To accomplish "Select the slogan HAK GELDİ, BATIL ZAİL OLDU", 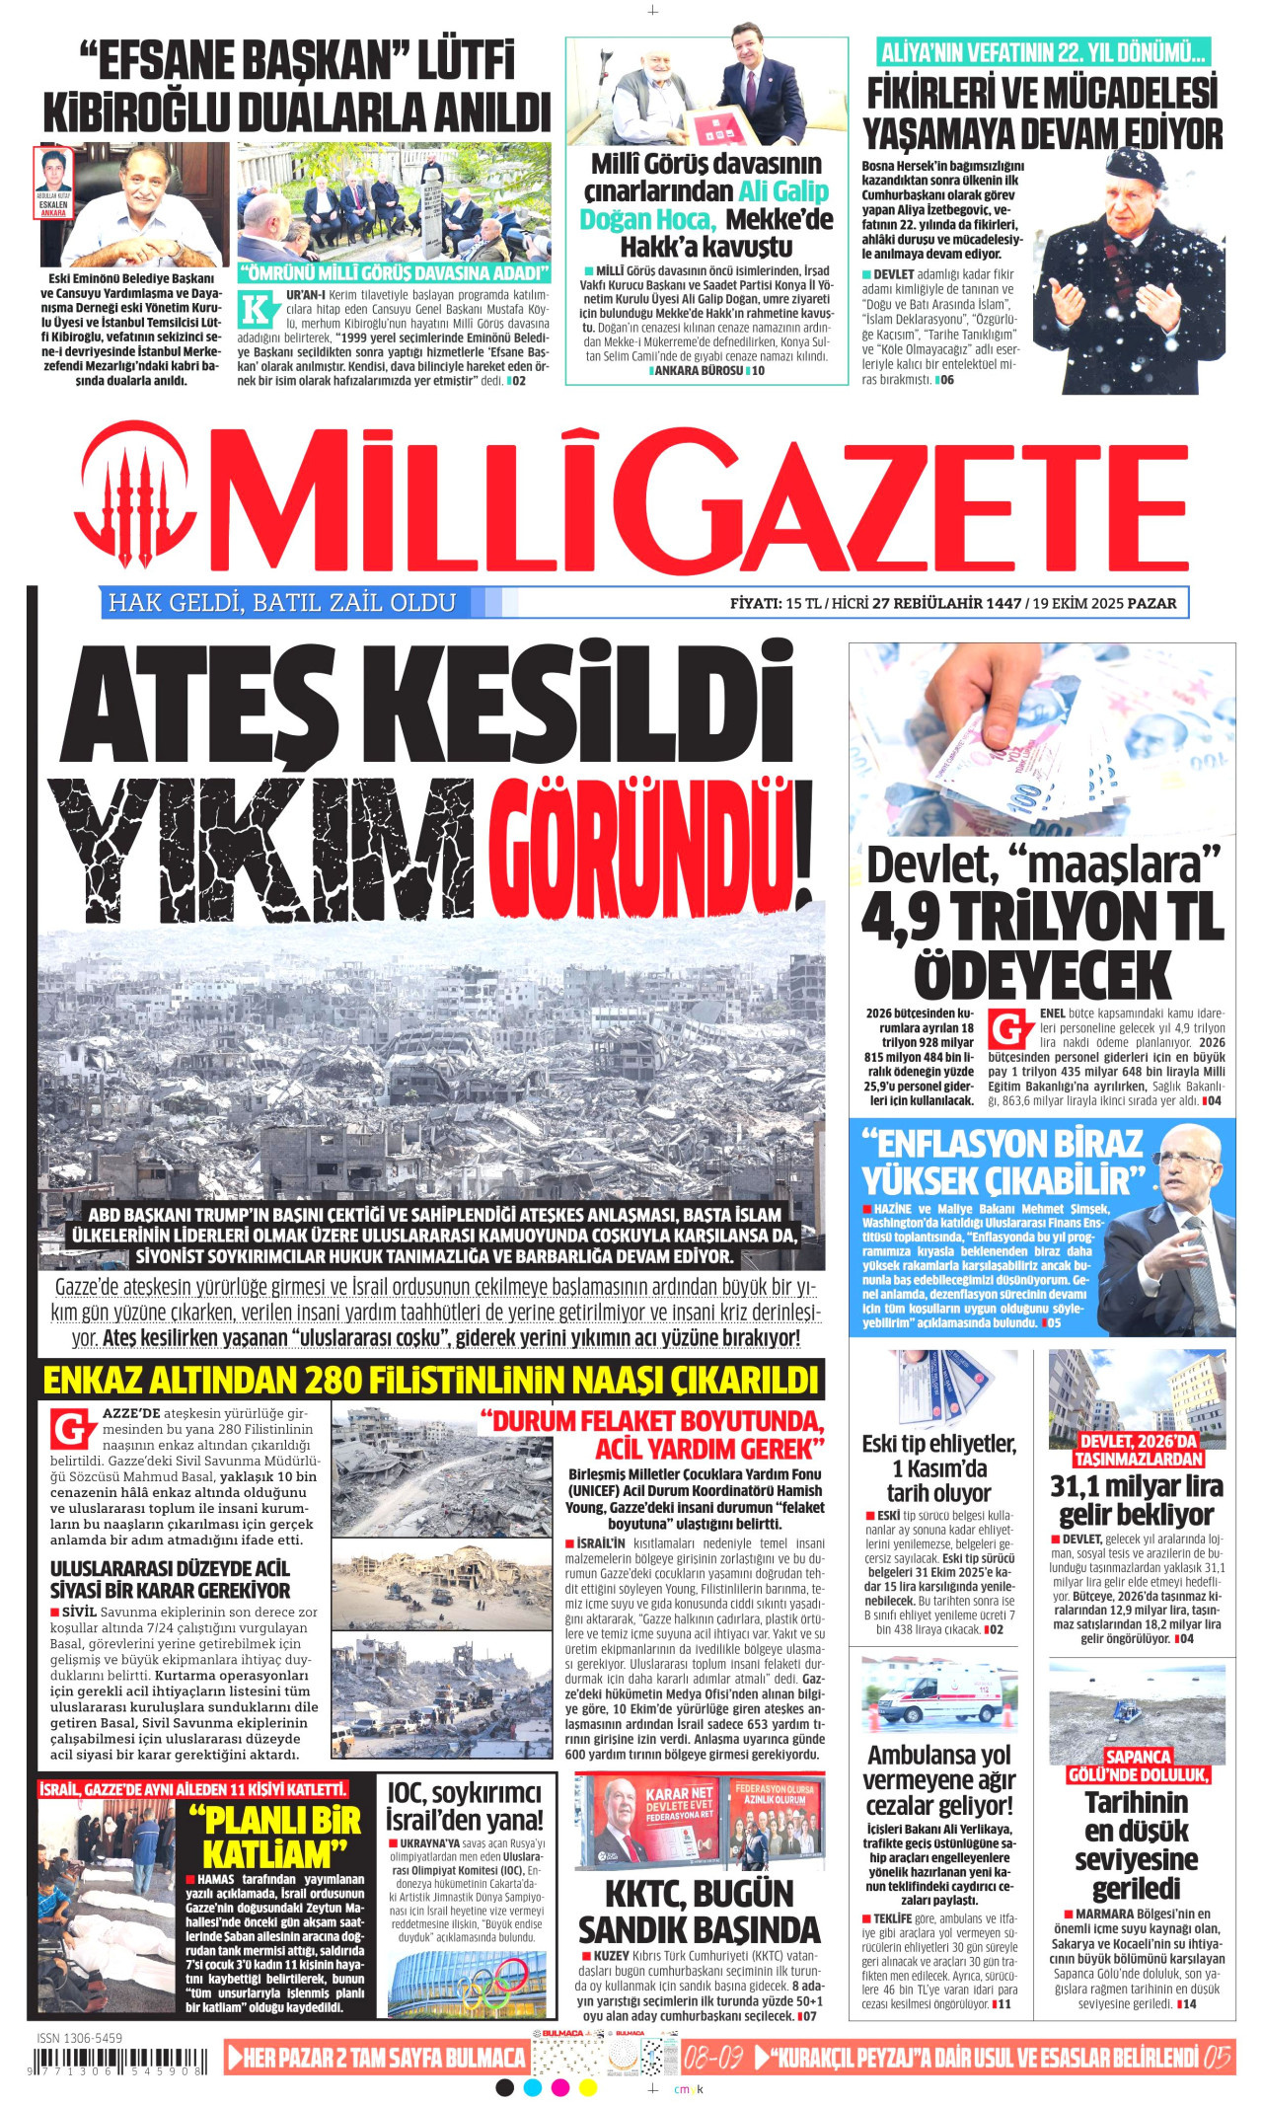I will coord(282,603).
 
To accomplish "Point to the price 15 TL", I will coord(803,603).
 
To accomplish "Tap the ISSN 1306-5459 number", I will coord(80,2037).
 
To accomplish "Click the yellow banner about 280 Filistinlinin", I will coord(431,1379).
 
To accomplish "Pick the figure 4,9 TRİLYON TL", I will coord(1042,917).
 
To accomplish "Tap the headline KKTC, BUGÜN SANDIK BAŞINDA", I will coord(699,1912).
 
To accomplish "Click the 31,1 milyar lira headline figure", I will coord(1136,1485).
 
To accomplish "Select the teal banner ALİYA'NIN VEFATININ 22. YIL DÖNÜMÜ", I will coord(1042,51).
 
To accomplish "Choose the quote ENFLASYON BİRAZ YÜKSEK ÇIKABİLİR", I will coord(1003,1162).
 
